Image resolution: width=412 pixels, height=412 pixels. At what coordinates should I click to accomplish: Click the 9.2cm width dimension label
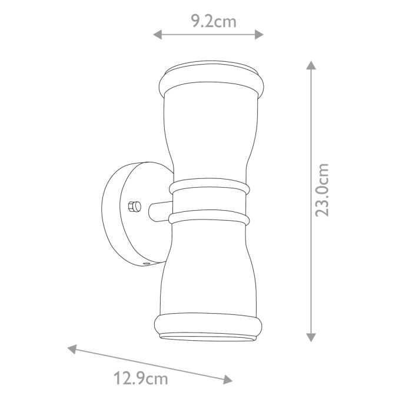(214, 22)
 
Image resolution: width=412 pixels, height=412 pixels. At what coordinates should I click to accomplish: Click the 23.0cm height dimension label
(322, 190)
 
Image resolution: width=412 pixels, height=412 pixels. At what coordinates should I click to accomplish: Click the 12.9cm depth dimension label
(140, 378)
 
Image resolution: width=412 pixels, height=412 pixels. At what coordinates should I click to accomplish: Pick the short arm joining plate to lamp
(159, 211)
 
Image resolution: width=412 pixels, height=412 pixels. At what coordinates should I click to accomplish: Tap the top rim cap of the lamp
(210, 78)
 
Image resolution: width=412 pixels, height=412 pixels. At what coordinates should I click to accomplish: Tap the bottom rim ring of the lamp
(210, 325)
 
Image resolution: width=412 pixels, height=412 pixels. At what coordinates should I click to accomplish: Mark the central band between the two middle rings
(210, 204)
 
